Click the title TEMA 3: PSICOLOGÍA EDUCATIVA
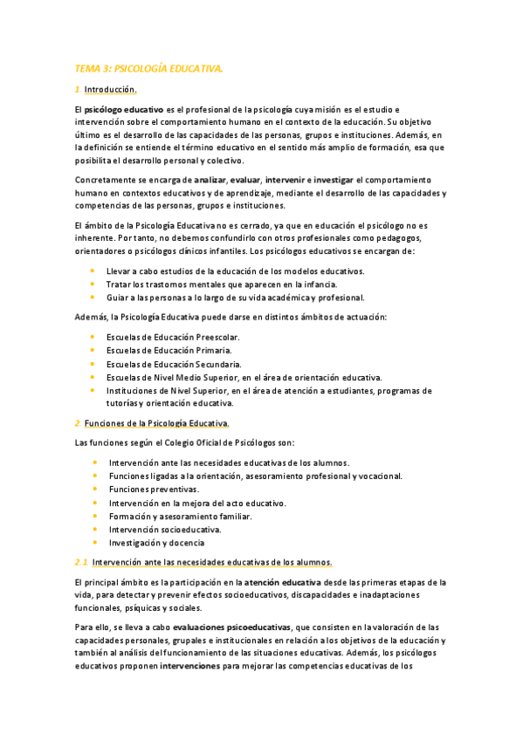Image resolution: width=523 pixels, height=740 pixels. [149, 67]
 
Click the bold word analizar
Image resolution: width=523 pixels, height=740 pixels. [210, 180]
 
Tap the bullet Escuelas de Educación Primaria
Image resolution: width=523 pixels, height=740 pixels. [169, 350]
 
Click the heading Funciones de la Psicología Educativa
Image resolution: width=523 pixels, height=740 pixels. [156, 423]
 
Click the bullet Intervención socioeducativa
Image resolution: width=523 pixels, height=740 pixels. [165, 529]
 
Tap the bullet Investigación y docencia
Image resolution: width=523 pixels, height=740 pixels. [158, 542]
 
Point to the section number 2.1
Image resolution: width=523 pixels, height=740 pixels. [81, 562]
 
